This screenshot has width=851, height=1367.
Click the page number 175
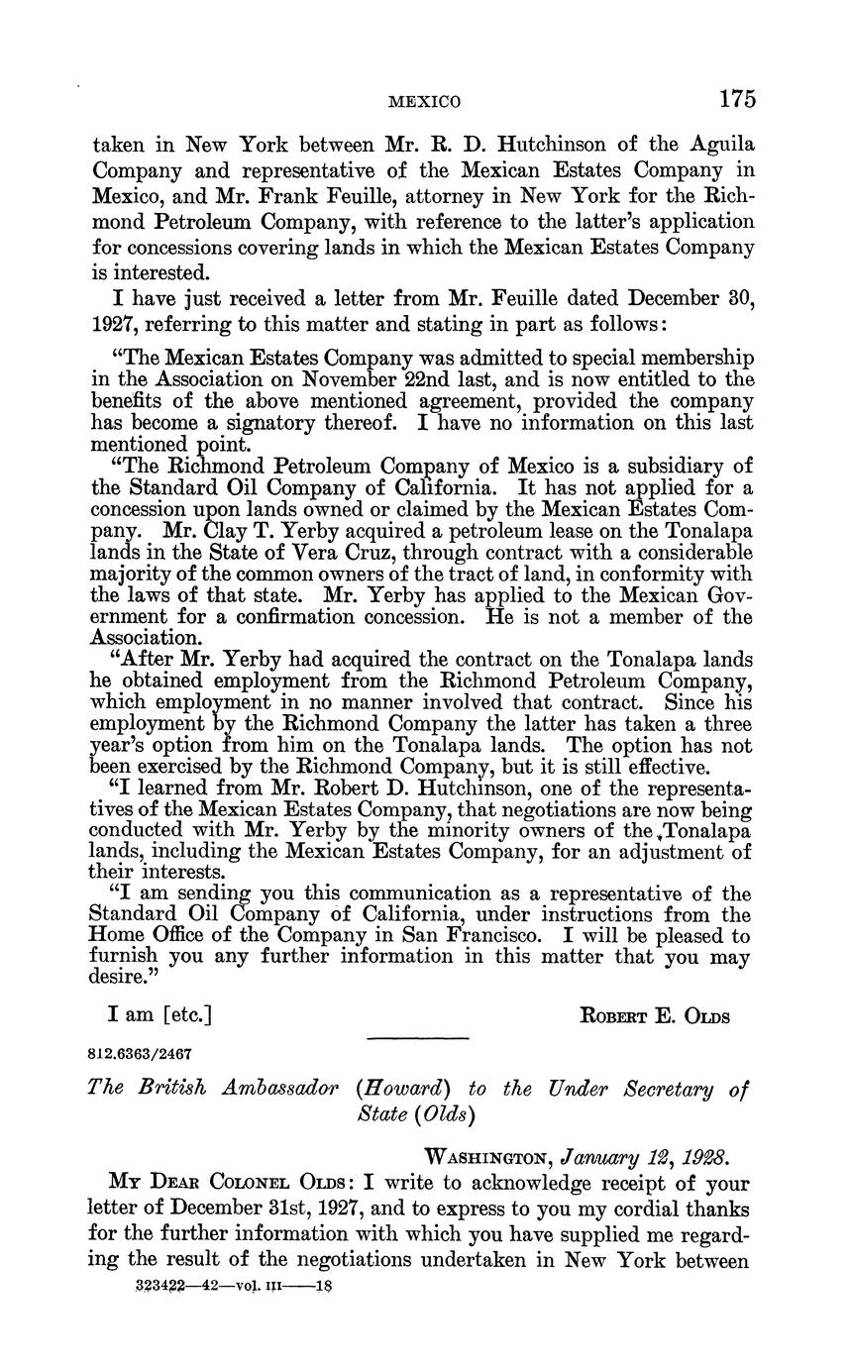pos(737,99)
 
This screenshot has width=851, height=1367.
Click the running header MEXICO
pos(423,102)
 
